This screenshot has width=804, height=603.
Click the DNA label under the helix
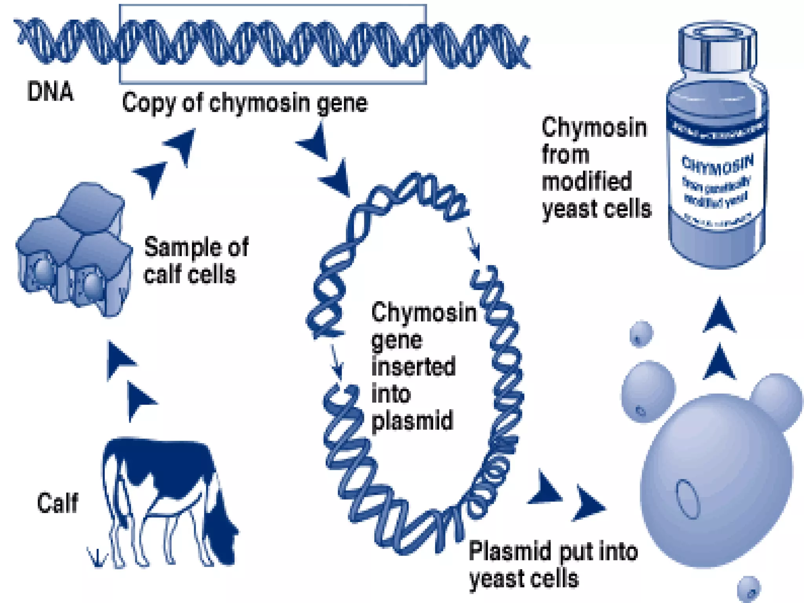(x=50, y=91)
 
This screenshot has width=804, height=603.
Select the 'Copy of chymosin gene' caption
(x=244, y=103)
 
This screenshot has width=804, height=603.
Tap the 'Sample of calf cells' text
(x=196, y=260)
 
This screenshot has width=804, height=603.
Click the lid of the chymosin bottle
(x=717, y=47)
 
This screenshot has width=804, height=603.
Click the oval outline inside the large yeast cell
(x=688, y=499)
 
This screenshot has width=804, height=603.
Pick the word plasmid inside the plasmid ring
(x=412, y=421)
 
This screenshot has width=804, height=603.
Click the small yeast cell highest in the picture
(x=641, y=334)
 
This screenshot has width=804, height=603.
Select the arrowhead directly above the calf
(x=139, y=400)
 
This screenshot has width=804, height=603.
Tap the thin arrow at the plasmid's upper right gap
(x=473, y=243)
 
